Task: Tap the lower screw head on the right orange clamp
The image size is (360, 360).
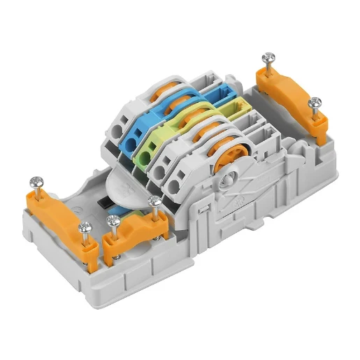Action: (x=315, y=103)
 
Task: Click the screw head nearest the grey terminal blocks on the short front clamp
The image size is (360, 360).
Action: (x=154, y=203)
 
